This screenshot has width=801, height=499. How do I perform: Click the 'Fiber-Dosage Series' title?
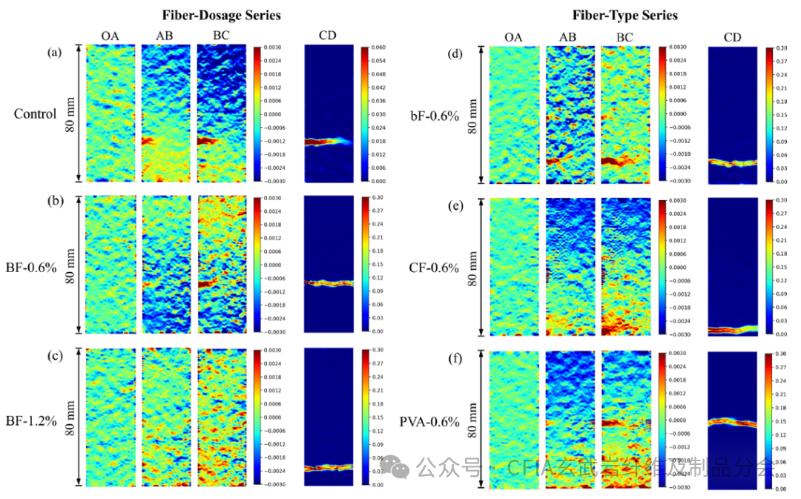[212, 15]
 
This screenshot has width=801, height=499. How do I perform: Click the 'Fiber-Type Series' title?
[624, 15]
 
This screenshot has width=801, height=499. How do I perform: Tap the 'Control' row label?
[35, 114]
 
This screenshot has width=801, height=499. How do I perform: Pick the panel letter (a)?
[53, 53]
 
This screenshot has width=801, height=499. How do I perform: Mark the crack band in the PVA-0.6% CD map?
[731, 423]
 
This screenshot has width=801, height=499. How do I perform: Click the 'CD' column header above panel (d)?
[731, 37]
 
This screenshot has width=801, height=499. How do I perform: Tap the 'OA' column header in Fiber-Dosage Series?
[111, 36]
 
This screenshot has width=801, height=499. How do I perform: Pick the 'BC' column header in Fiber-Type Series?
[624, 37]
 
